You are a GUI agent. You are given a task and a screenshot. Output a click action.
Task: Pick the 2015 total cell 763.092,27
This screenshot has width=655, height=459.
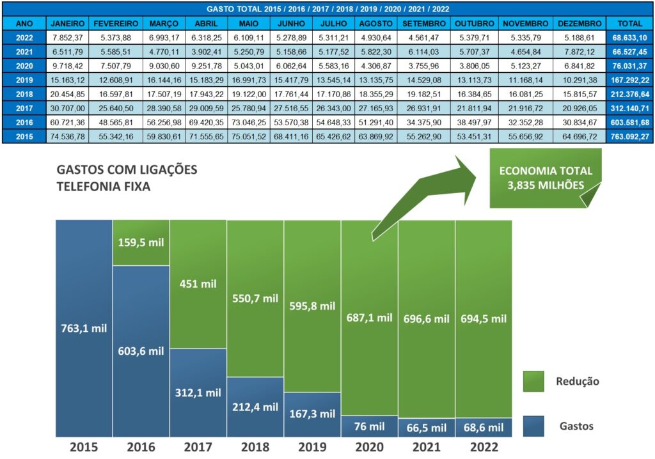pos(631,137)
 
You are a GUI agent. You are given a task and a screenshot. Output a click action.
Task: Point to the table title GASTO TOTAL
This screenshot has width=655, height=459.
pos(327,9)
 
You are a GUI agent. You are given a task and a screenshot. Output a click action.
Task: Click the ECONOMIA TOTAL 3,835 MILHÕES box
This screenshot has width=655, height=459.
pos(545,178)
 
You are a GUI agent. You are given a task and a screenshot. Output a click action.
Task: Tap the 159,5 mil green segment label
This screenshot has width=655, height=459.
pos(141,243)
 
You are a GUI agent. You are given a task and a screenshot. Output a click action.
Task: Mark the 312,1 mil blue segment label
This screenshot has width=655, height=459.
pos(198,393)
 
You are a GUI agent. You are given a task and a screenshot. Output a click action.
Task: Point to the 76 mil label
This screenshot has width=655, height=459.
pos(369,426)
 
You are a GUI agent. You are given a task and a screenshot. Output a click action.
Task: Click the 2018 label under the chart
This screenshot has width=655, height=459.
pos(255,447)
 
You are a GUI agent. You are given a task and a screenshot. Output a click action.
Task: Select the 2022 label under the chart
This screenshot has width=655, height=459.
pos(483,447)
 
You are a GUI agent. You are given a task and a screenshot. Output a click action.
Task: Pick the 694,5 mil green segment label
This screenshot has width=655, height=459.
pos(483,318)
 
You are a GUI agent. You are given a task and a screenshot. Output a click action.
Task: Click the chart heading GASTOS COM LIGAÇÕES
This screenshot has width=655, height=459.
pos(127,170)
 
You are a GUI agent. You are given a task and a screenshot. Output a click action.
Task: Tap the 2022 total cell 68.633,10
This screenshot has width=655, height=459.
pos(631,38)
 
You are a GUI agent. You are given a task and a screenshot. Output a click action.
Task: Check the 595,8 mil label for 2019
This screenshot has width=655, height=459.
pos(312,306)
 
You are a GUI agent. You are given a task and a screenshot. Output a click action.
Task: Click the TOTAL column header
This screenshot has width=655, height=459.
pos(631,23)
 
